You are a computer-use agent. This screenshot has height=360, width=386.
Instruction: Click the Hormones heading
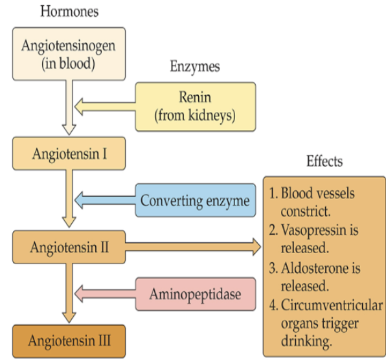[x=69, y=11]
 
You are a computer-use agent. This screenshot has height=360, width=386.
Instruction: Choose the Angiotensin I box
[x=69, y=153]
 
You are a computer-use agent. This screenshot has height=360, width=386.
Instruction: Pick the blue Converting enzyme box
[x=195, y=201]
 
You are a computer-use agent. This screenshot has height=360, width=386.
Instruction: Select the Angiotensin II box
[x=69, y=247]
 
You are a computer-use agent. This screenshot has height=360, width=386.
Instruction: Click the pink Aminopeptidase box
[x=196, y=295]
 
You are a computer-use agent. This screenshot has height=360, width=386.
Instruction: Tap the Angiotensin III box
[x=69, y=339]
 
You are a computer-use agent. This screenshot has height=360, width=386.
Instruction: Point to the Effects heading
[x=324, y=161]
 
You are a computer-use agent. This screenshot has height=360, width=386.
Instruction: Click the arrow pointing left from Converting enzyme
[x=104, y=201]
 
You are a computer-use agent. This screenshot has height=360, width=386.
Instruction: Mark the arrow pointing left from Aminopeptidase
[x=104, y=295]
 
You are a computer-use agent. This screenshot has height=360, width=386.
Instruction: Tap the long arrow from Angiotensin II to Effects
[x=194, y=247]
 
